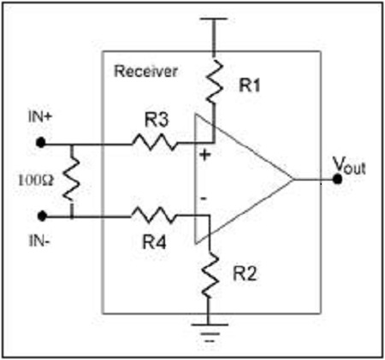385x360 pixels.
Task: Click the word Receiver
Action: tap(146, 71)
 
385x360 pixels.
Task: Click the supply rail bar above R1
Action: tap(210, 20)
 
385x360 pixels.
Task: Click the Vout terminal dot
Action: tap(338, 180)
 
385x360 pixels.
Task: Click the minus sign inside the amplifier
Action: tap(204, 200)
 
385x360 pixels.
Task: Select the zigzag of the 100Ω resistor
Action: tap(72, 180)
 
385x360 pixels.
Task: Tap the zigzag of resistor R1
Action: tap(210, 81)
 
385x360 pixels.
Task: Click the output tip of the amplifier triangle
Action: tap(295, 180)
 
